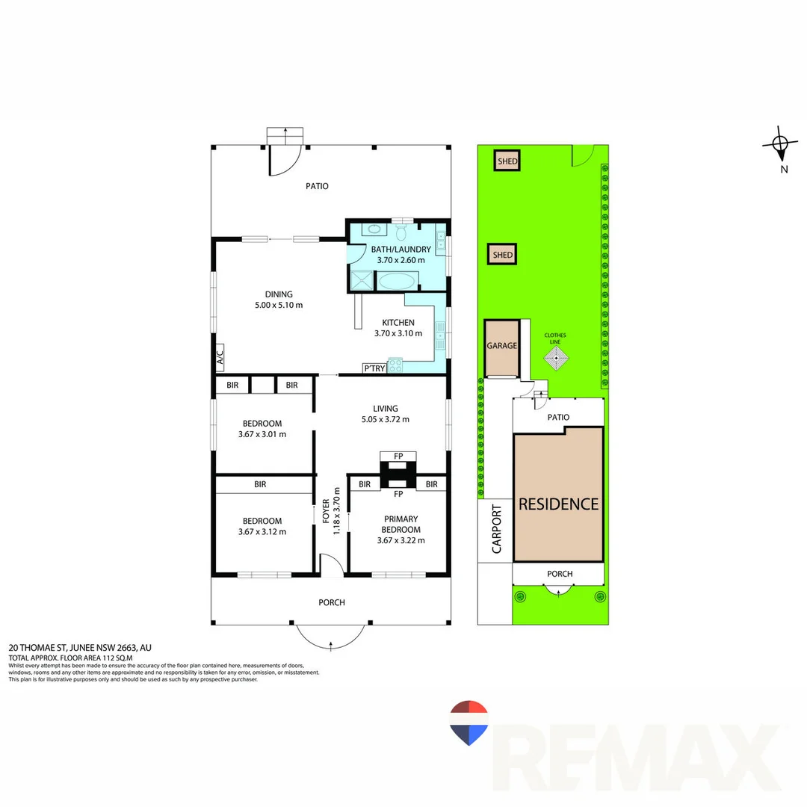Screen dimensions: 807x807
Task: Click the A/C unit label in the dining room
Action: click(x=220, y=359)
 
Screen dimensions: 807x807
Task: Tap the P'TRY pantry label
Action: click(x=373, y=368)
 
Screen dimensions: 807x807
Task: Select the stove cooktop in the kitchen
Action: click(x=395, y=365)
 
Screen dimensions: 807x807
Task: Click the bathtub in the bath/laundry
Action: click(x=396, y=282)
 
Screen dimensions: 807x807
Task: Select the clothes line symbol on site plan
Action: click(x=555, y=359)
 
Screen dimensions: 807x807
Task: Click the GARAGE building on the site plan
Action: click(x=502, y=347)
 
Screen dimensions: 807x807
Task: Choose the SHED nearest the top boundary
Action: click(x=508, y=161)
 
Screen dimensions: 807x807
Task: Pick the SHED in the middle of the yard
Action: click(x=502, y=255)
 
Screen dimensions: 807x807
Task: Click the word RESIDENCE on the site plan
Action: click(x=559, y=504)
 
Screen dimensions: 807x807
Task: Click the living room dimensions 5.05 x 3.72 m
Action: click(x=386, y=420)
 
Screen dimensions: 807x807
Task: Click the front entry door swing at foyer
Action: click(x=330, y=564)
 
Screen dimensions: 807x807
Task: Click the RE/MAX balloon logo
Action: click(x=469, y=723)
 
